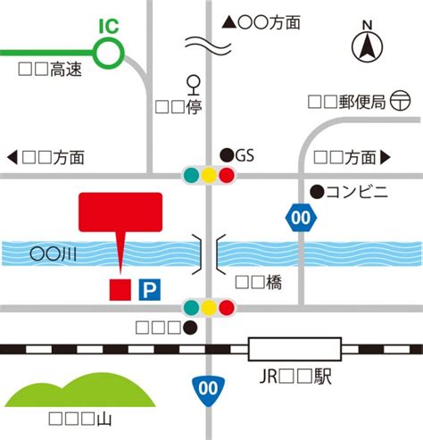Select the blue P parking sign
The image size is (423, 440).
[x=150, y=290]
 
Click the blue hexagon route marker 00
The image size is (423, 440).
[x=301, y=218]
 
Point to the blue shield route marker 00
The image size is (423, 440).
[x=208, y=391]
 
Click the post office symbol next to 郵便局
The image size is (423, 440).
[x=401, y=101]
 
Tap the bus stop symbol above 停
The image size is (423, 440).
[x=194, y=85]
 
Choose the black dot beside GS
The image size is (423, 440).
[x=227, y=155]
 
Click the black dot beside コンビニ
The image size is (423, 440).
[x=317, y=192]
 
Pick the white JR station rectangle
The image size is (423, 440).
[x=294, y=349]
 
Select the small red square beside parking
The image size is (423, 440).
[x=120, y=290]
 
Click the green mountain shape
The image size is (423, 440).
[x=79, y=390]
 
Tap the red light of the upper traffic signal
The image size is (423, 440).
[x=227, y=175]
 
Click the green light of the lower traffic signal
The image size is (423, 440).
[x=191, y=308]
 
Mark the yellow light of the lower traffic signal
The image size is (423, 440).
[x=209, y=308]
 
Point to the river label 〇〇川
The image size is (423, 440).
[x=53, y=254]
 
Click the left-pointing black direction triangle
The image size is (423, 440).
[x=12, y=157]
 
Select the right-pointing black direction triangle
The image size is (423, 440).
[x=386, y=157]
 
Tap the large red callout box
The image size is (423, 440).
[x=120, y=212]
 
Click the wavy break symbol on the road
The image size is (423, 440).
[x=208, y=46]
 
